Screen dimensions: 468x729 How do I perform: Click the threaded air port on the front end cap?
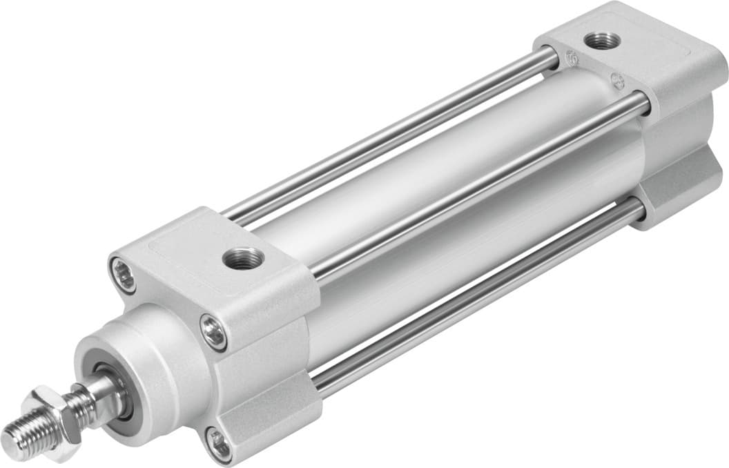[243, 259]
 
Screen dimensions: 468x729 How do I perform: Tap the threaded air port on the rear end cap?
[598, 41]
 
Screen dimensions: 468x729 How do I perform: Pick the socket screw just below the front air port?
[213, 332]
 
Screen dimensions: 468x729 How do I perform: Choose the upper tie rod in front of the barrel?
[476, 186]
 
